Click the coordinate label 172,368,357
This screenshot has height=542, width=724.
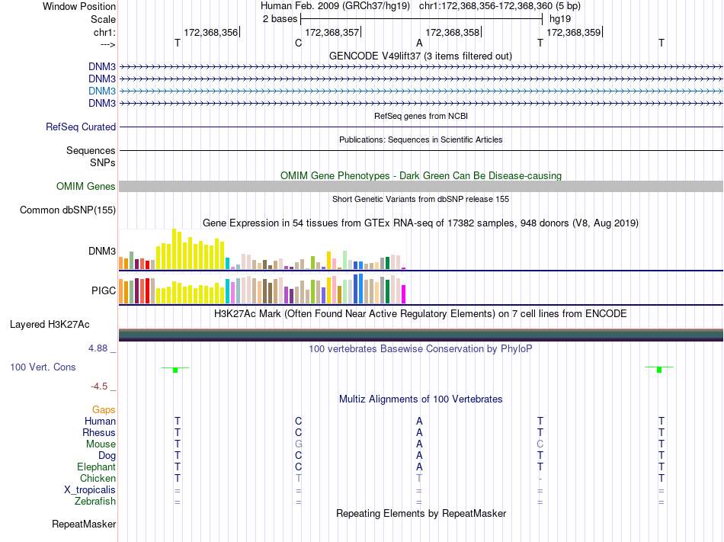(x=332, y=32)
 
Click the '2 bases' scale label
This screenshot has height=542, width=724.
(x=278, y=18)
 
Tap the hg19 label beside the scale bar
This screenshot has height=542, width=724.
(x=559, y=18)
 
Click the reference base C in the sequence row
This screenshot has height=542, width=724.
(x=298, y=43)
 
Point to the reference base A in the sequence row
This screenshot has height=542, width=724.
(x=419, y=43)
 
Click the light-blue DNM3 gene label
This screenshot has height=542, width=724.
(x=102, y=91)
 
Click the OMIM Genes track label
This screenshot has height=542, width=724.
(x=86, y=187)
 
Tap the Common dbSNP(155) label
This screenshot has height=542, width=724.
(x=68, y=210)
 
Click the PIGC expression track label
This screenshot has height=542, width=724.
(x=104, y=290)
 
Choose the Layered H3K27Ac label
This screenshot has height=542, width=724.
(x=50, y=325)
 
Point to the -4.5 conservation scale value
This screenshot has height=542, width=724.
(x=101, y=386)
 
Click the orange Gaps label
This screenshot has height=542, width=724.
(x=104, y=410)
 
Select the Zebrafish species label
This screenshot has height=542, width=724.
(x=95, y=502)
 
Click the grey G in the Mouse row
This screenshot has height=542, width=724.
(x=299, y=444)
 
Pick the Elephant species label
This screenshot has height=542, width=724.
(x=96, y=467)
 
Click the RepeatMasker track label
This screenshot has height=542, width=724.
(x=84, y=524)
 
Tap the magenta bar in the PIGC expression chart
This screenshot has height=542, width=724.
(x=404, y=293)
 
